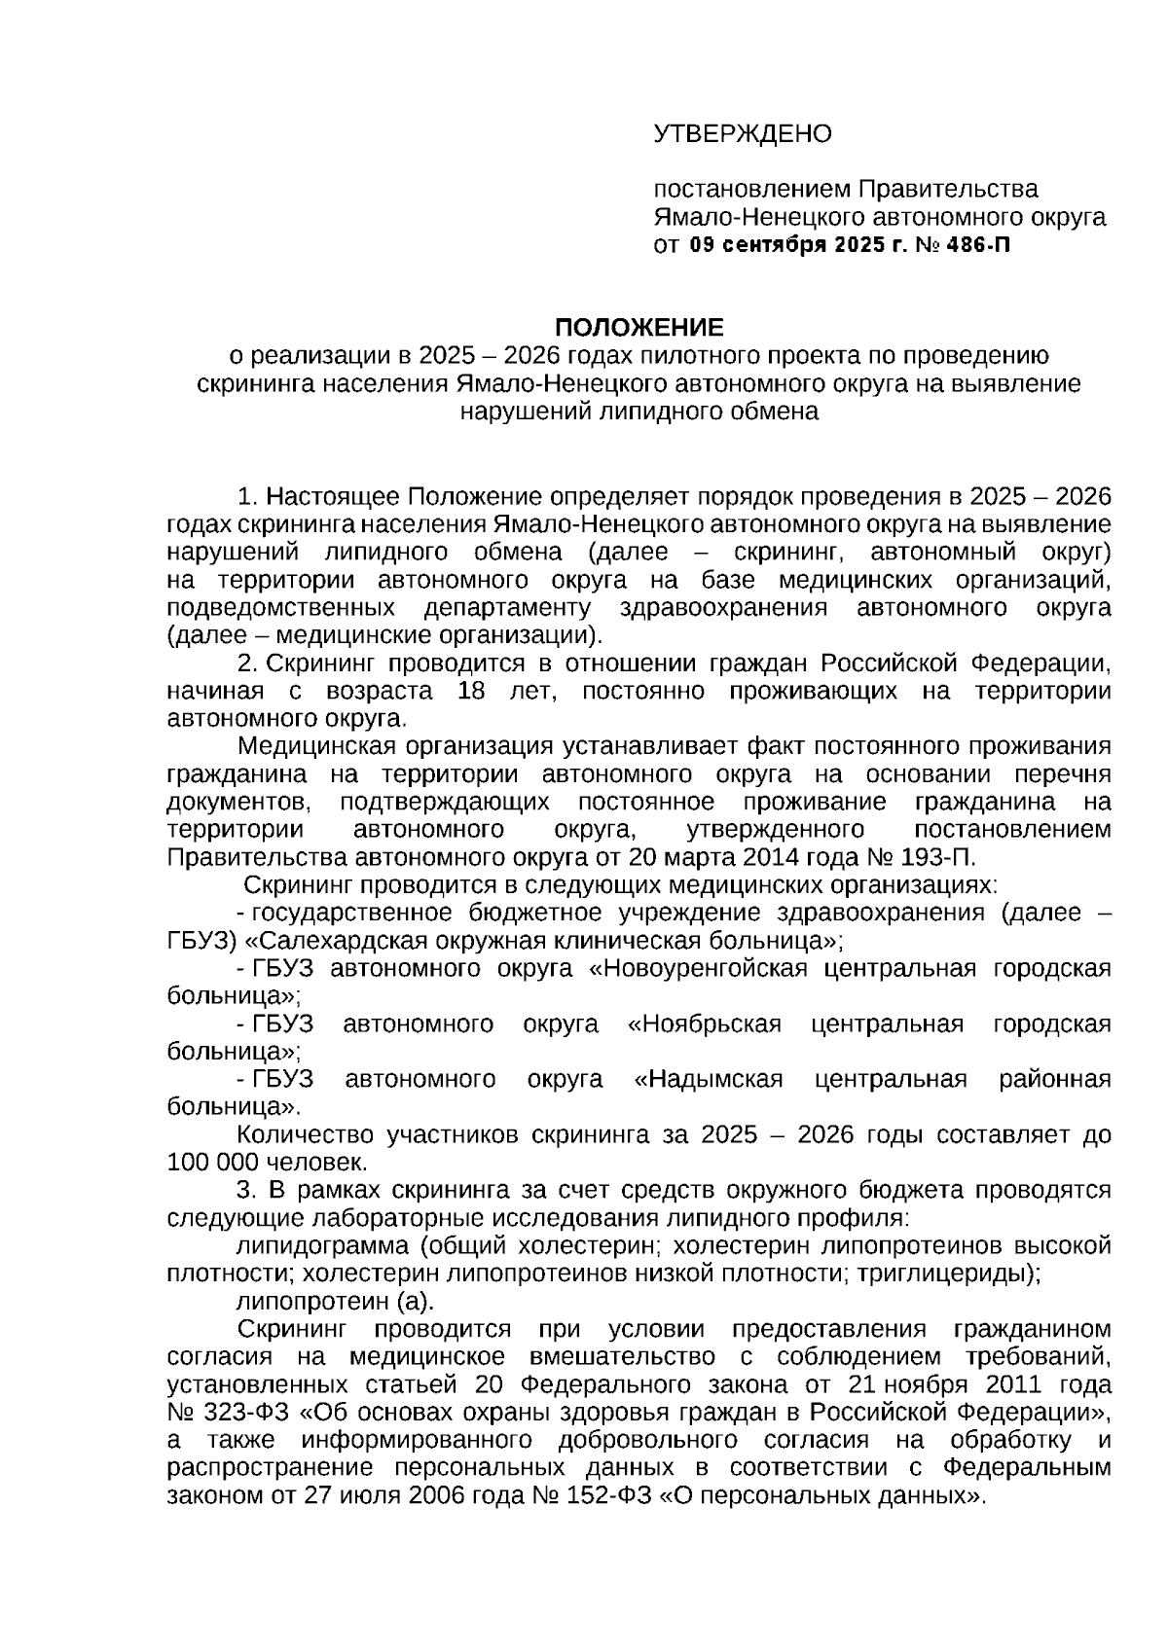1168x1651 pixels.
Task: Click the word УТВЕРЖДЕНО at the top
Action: (742, 133)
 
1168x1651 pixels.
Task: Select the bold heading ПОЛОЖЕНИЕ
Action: (639, 327)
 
